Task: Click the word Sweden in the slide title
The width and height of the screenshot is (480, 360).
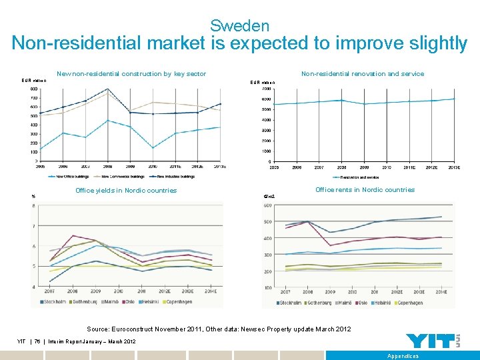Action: pos(239,26)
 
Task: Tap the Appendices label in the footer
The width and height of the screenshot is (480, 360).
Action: pos(403,356)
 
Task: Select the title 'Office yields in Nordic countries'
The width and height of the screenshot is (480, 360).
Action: pos(126,191)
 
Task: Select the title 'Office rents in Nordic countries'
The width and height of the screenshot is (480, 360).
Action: pos(365,190)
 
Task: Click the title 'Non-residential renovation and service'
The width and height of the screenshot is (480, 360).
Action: pos(362,74)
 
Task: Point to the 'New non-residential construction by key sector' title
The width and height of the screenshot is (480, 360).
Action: pos(131,74)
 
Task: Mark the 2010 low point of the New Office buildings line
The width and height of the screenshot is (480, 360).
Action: pos(153,148)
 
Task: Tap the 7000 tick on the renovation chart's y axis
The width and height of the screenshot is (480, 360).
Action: pos(266,89)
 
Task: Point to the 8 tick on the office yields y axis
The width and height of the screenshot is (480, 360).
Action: pos(34,205)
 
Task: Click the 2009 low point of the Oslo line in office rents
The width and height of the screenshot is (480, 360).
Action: pos(330,245)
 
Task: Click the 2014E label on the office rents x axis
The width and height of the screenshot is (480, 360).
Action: pos(441,292)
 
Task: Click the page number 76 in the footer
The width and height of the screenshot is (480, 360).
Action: pos(38,342)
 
